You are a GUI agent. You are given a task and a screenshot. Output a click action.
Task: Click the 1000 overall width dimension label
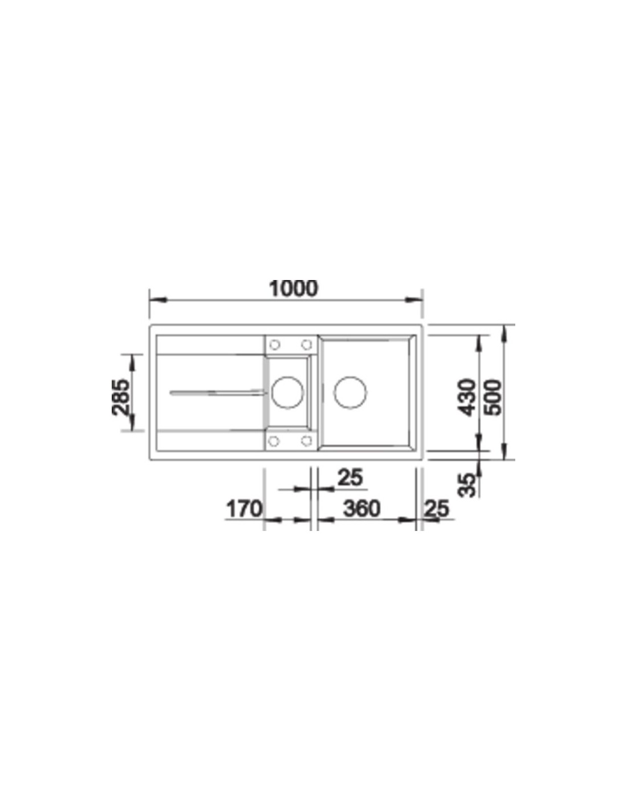pos(294,289)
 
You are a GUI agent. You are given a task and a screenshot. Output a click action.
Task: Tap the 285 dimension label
pos(121,397)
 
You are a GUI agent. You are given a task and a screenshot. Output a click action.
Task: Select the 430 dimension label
pos(467,397)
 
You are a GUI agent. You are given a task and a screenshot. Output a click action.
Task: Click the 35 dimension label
pos(467,485)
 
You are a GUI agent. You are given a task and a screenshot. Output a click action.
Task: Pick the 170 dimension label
pos(245,509)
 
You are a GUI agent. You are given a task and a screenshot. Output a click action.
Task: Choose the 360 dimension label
pos(361,509)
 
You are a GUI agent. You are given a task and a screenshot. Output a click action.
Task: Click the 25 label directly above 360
pos(350,477)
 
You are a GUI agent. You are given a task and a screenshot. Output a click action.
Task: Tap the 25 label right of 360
pos(437,509)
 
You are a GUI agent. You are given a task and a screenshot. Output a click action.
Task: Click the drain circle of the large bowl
pos(350,392)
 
